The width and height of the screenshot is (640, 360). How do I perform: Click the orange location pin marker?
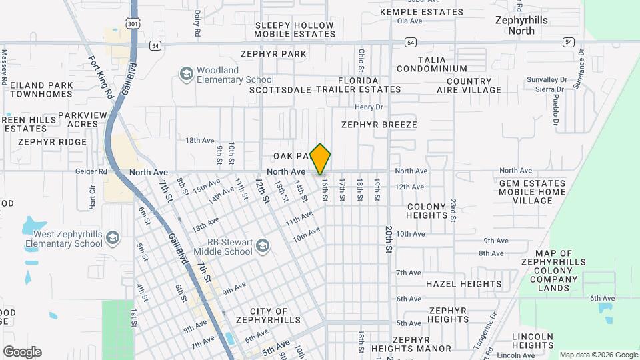coord(321,159)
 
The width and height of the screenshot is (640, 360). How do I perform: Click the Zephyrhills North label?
coord(521,25)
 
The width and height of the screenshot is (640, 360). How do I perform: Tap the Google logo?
coord(22,352)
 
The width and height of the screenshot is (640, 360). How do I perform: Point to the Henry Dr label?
coord(369,107)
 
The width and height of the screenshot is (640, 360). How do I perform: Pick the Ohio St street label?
coord(361,60)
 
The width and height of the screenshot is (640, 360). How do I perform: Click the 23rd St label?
coord(453,210)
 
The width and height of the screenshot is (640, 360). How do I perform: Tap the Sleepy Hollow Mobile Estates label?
coord(294,29)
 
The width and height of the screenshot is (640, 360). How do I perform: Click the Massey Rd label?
coord(4,67)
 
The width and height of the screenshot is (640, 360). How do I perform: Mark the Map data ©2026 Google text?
coord(598,355)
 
